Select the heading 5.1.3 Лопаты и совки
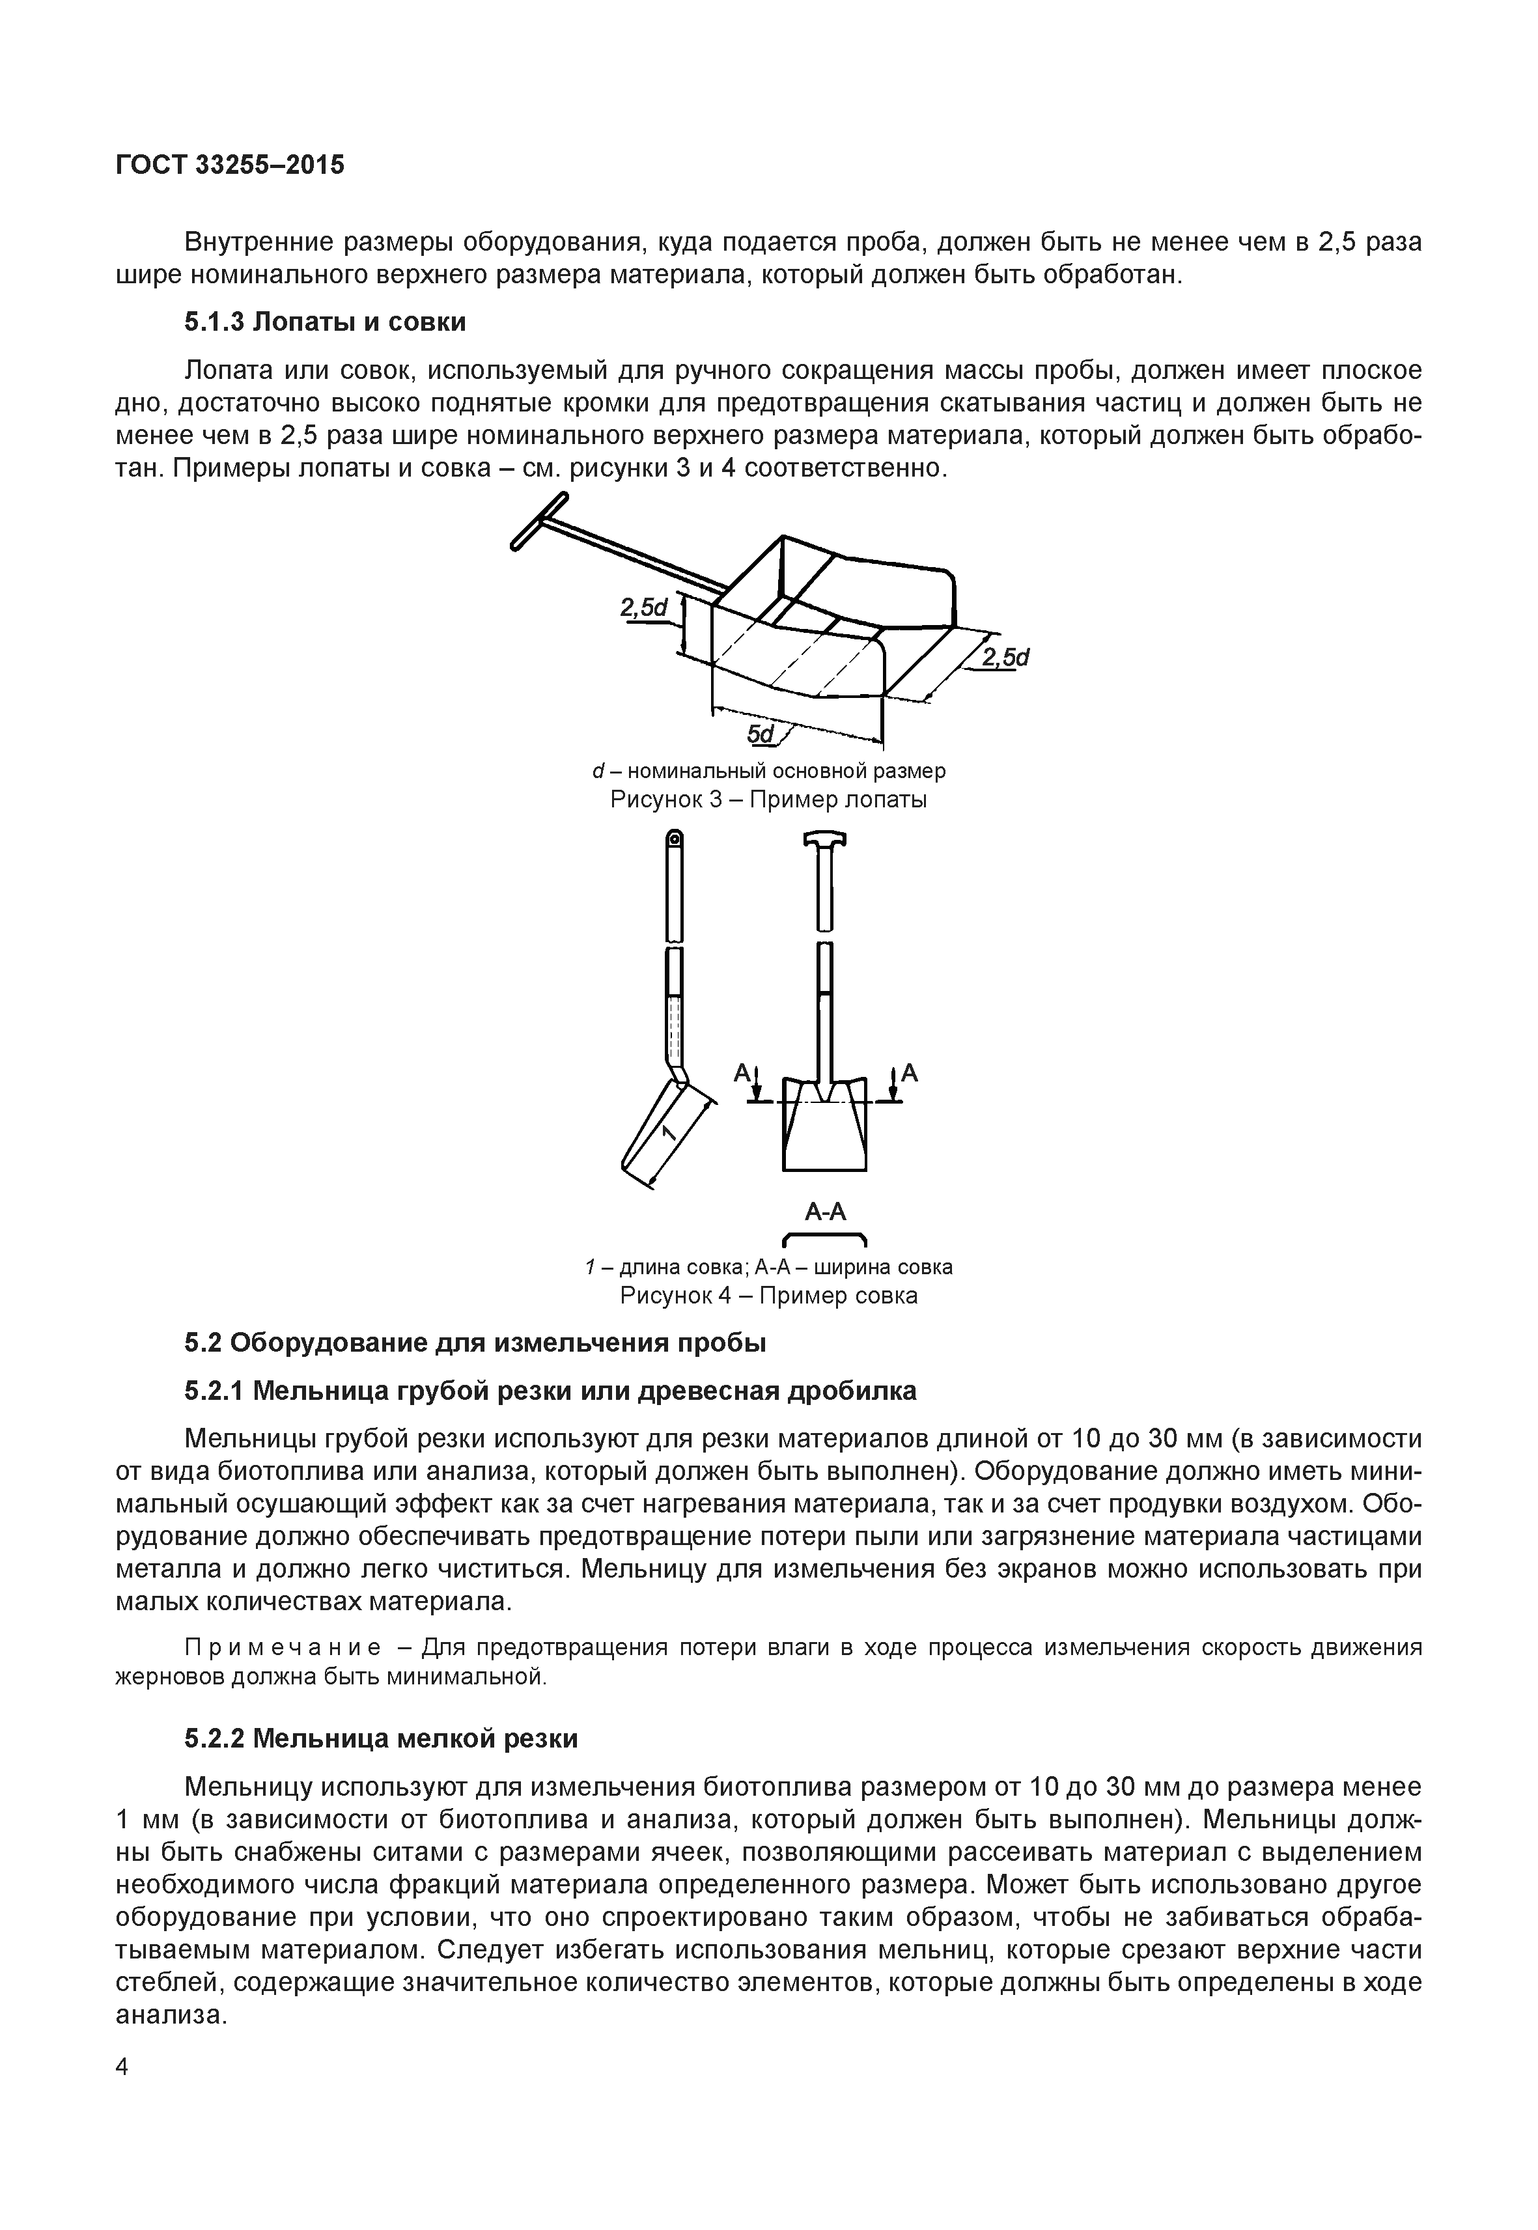325,322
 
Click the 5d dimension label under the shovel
761,734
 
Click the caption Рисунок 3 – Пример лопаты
768,800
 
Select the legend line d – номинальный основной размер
768,771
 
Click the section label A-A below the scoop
825,1212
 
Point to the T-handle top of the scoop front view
825,841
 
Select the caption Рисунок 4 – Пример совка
768,1295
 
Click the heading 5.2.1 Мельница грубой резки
550,1391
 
